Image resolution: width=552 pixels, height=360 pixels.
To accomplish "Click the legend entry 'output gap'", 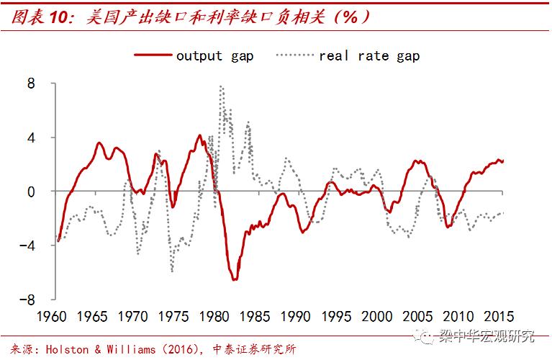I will click(x=214, y=55).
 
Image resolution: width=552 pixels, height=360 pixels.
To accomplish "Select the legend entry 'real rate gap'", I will click(x=368, y=55).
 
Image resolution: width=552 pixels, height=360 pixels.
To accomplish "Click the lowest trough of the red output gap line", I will click(x=235, y=279).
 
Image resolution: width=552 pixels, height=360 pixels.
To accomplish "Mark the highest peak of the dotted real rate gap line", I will click(x=221, y=86).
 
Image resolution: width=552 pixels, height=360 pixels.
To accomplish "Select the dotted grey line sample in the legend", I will click(x=294, y=55).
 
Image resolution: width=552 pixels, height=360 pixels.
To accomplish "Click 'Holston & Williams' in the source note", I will click(x=99, y=350).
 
